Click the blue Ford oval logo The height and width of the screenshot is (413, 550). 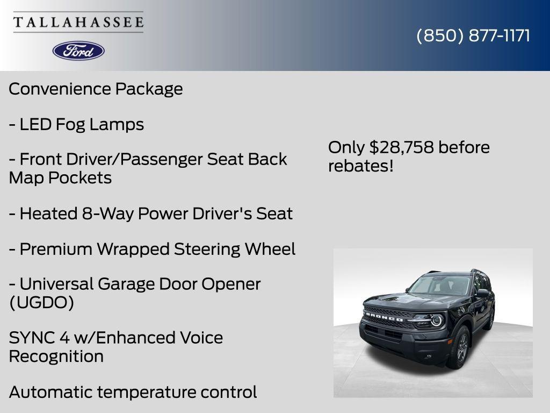78,51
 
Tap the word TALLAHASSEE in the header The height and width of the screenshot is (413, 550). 78,23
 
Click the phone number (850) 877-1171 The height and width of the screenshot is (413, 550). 473,35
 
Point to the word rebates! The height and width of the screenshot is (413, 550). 361,166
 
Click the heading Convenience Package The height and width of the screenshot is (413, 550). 96,89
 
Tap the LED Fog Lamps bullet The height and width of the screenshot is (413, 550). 76,124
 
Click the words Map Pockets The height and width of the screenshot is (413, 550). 60,178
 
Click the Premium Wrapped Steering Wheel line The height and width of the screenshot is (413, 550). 152,249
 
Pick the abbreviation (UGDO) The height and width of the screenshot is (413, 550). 41,303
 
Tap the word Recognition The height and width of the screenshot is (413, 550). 56,356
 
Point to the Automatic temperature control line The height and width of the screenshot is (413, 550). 133,392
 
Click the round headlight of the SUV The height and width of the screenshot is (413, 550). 436,321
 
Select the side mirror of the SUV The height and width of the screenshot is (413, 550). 482,294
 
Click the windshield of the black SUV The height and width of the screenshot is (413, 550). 439,284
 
